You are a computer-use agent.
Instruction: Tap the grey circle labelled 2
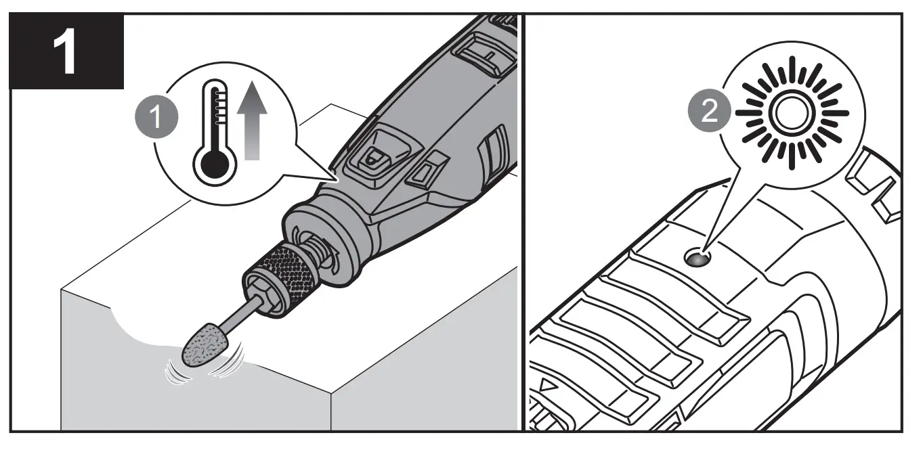pos(709,111)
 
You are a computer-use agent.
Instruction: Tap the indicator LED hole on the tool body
pos(697,258)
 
